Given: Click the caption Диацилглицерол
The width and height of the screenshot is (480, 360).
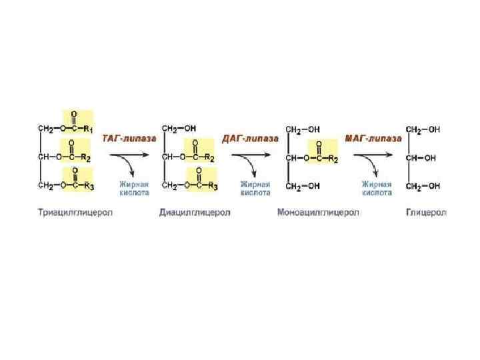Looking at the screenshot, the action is [195, 213].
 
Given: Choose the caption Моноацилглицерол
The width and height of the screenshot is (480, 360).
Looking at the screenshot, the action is [318, 213].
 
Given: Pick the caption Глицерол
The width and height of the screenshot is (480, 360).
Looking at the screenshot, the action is [426, 213].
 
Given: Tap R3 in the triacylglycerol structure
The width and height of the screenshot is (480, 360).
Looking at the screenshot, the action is [89, 186].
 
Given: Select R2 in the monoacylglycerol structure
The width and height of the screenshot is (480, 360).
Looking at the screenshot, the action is [334, 159].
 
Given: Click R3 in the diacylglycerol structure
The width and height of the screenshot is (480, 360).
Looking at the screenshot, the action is [213, 186].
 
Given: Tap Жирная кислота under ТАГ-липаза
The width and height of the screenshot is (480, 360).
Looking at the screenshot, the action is [134, 187].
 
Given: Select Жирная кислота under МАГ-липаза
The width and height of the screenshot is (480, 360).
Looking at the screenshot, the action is [377, 187].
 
